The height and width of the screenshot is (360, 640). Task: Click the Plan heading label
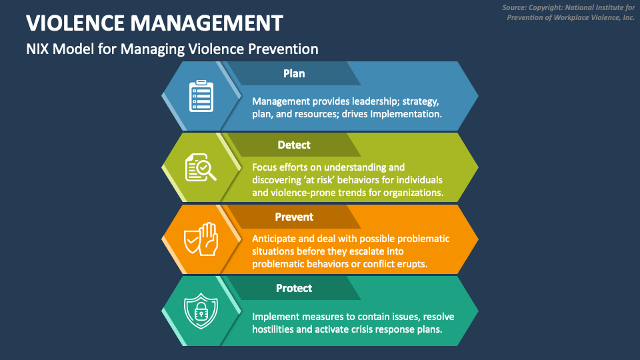pyautogui.click(x=294, y=73)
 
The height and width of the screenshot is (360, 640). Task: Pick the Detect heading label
pyautogui.click(x=294, y=145)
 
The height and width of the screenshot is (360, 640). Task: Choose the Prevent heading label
pyautogui.click(x=294, y=217)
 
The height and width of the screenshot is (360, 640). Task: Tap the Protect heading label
pyautogui.click(x=294, y=288)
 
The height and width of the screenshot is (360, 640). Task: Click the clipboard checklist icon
pyautogui.click(x=201, y=97)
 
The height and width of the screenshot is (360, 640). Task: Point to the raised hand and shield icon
pyautogui.click(x=201, y=239)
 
